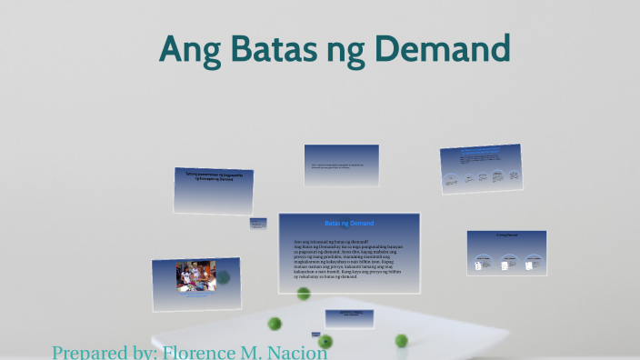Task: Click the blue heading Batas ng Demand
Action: [x=348, y=223]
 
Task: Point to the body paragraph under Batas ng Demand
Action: [x=349, y=257]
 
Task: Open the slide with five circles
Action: [x=481, y=168]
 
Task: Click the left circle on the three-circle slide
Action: [x=483, y=263]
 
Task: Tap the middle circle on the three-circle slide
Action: [x=505, y=263]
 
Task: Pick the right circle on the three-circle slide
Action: [x=529, y=263]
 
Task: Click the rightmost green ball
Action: [x=401, y=341]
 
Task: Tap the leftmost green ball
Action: [x=275, y=324]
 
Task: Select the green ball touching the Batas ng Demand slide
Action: [x=304, y=294]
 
